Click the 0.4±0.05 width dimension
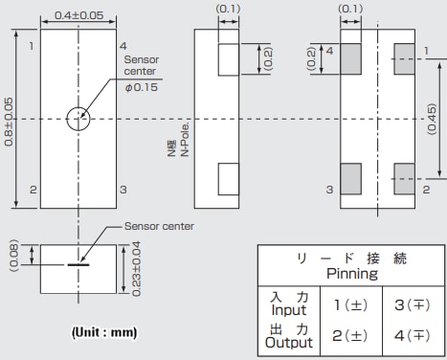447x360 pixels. point(78,15)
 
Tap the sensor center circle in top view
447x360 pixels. point(78,119)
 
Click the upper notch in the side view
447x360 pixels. point(230,60)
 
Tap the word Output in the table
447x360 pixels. point(289,342)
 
